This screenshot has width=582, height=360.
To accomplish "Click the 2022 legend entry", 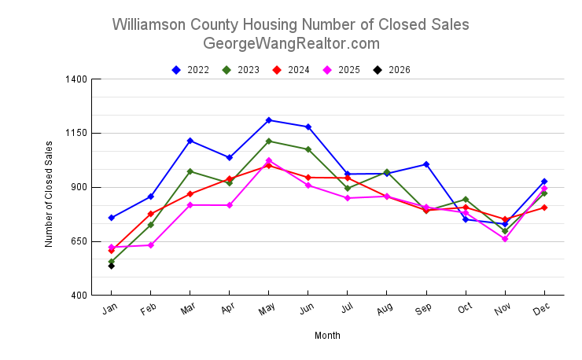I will [x=190, y=70].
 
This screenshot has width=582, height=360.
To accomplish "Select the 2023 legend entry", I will [x=241, y=70].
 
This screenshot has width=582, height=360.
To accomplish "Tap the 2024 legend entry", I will [x=291, y=70].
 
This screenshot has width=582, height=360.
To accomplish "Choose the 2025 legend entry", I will [x=341, y=70].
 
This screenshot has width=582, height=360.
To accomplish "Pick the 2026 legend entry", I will [x=392, y=70].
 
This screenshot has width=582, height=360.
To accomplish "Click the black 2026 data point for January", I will [x=112, y=266].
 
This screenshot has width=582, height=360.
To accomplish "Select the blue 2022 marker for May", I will [x=269, y=120].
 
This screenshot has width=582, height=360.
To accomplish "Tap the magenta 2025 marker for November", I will [x=505, y=239].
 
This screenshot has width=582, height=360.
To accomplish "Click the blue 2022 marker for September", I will [x=426, y=164].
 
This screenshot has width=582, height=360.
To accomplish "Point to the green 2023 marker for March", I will [x=190, y=171].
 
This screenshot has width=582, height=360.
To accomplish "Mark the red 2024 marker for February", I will [x=151, y=214].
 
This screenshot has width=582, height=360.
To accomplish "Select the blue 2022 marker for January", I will [x=112, y=218].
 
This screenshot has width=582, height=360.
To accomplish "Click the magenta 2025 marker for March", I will [x=190, y=205].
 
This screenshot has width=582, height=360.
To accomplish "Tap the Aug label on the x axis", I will [x=383, y=310].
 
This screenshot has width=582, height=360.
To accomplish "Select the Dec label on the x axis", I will [x=540, y=310].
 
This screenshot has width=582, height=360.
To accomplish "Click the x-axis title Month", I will [x=327, y=336].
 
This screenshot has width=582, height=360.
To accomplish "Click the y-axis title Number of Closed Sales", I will [x=49, y=194].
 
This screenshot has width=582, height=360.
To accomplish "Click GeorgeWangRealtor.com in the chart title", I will [x=291, y=43].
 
